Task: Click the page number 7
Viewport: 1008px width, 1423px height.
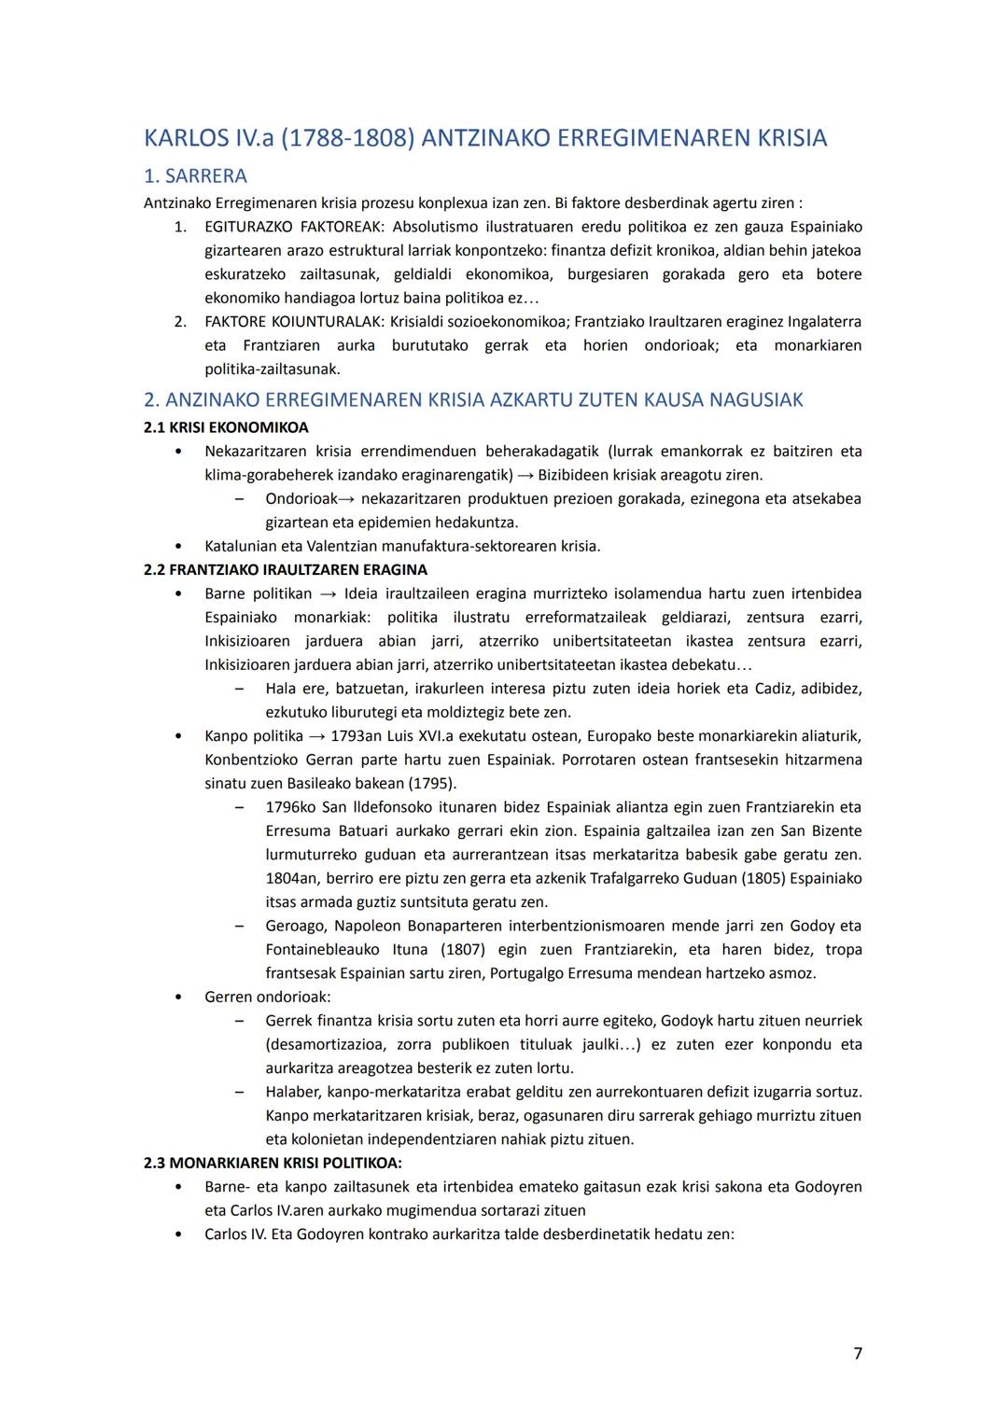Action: [x=857, y=1353]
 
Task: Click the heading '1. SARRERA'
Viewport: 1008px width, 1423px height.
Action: [x=195, y=175]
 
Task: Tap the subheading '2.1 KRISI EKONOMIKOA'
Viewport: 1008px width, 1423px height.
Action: [x=226, y=427]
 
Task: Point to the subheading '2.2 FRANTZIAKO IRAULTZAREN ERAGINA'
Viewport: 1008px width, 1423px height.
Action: [x=286, y=569]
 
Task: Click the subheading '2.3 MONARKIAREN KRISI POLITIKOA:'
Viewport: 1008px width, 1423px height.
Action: [x=273, y=1163]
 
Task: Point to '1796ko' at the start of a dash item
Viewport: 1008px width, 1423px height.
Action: [x=290, y=807]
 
